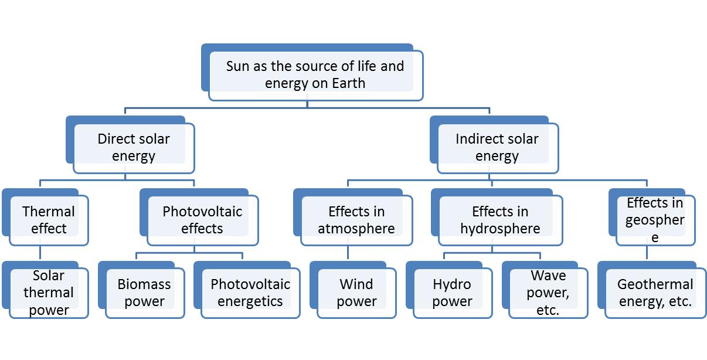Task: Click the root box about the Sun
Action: click(315, 75)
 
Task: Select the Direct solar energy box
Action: click(134, 148)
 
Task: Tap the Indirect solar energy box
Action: click(497, 148)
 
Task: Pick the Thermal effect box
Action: click(49, 220)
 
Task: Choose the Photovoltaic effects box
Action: click(202, 220)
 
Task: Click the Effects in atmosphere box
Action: click(356, 220)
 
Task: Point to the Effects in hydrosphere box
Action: click(500, 220)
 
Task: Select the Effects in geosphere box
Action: click(655, 220)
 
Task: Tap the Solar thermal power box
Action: click(49, 293)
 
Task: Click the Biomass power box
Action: click(144, 293)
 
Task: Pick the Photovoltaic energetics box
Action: click(250, 293)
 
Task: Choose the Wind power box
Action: click(356, 293)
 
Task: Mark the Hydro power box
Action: click(452, 293)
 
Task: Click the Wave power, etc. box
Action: click(548, 293)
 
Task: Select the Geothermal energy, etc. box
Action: click(655, 293)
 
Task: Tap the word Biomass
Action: click(144, 284)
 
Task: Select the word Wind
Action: click(356, 284)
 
